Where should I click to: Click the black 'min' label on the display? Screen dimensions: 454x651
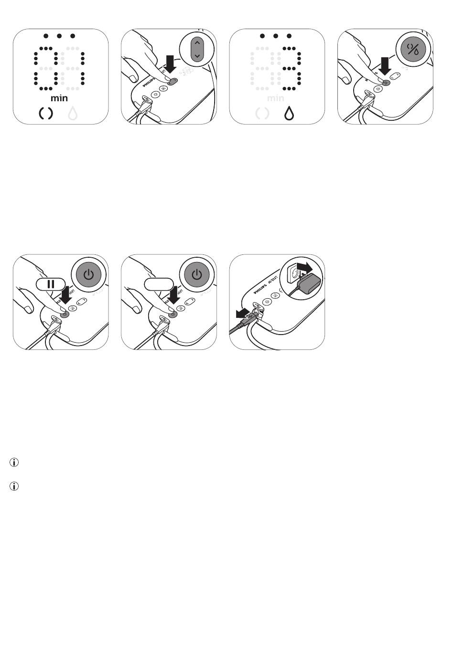pos(59,98)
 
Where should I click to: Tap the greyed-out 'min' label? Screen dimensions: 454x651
pos(276,98)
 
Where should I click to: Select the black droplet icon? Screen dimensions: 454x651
pos(289,114)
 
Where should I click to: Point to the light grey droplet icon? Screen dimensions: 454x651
pos(73,114)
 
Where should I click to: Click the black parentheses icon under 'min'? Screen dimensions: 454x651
pos(46,114)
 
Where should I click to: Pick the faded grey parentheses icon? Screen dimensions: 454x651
pos(262,114)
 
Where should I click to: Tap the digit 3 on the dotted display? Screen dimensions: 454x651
pos(290,68)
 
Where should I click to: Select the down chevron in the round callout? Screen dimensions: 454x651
pos(197,56)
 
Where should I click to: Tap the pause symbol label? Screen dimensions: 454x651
pos(51,284)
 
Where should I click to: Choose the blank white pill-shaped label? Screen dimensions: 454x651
pos(159,284)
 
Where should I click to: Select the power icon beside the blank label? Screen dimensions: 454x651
pos(196,275)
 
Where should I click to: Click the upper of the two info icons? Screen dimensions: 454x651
pos(14,462)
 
